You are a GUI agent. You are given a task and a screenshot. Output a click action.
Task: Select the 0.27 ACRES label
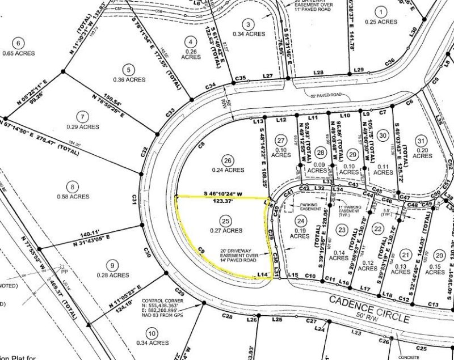pos(226,231)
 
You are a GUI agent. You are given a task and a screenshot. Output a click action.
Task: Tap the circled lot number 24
pos(301,221)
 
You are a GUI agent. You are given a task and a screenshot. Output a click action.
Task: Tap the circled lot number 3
pos(247,23)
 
